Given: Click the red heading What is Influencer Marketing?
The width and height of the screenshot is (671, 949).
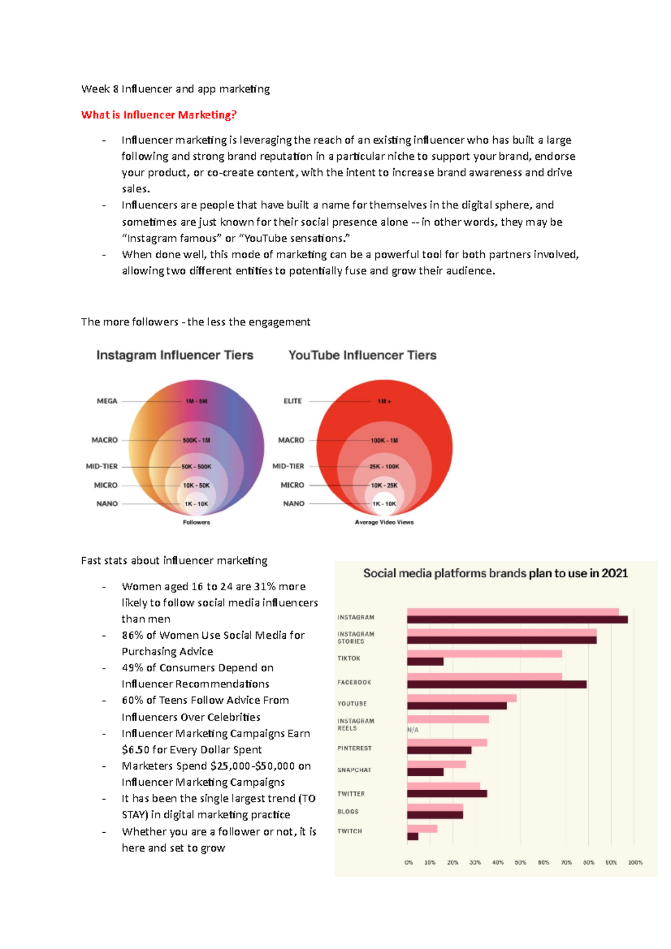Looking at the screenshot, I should coord(159,115).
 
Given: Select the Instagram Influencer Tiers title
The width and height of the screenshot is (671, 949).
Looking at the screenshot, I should coord(174,355).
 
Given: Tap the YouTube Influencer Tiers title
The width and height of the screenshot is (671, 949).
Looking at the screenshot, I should coord(362,355).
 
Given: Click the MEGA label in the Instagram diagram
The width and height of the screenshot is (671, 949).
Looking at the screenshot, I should coord(107,401).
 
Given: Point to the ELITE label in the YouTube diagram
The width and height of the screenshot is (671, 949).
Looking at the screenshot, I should coord(292,401).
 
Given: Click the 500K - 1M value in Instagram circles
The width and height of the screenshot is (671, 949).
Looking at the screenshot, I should coord(196,440).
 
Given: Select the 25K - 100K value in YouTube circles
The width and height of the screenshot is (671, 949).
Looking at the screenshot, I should coord(384,467).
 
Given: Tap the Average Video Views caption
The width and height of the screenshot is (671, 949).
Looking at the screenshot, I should coord(384,523).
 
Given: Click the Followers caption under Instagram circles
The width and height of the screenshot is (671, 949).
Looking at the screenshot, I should coord(196,523).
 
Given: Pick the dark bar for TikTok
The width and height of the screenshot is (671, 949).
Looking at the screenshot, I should coord(425,662).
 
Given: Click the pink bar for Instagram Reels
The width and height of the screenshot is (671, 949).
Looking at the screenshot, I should coord(448,719).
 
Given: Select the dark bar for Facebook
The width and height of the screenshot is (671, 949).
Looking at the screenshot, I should coord(497,685).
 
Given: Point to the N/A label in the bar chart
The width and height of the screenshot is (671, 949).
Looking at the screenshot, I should coord(413,730).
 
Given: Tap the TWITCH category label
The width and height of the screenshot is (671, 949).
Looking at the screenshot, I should coord(349,832).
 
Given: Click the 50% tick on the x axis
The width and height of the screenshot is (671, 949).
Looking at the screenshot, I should coord(520,863).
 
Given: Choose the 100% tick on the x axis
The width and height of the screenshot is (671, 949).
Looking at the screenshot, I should coord(635,863).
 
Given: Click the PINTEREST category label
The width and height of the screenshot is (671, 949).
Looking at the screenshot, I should coord(355,748).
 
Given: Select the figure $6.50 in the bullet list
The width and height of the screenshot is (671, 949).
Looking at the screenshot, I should coord(135,750).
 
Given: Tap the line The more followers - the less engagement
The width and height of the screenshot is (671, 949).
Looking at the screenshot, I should coord(195,322).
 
